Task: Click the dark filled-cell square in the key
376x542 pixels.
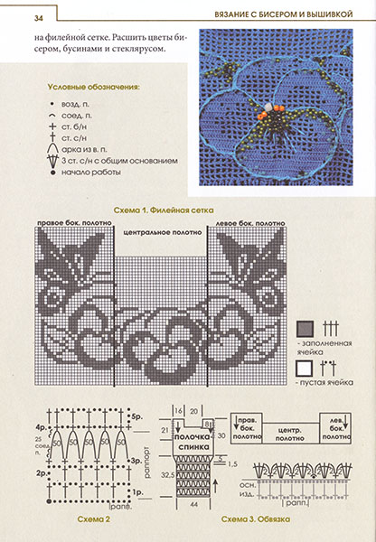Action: coord(305,329)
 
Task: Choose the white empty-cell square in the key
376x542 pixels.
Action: coord(305,368)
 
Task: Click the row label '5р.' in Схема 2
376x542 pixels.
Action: coord(136,419)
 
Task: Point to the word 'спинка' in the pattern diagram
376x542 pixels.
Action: coord(188,447)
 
